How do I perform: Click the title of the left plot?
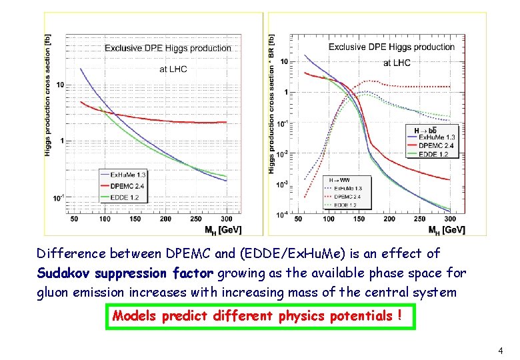tap(167, 48)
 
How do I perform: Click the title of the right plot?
tap(391, 47)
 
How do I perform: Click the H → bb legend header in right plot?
tap(425, 129)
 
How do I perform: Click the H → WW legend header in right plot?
tap(341, 179)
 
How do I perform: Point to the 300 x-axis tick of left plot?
tap(227, 219)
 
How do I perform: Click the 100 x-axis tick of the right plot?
tap(329, 219)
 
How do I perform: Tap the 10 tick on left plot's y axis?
tap(60, 85)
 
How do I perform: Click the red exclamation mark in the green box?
tap(399, 316)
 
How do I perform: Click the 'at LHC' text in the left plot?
tap(173, 69)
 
